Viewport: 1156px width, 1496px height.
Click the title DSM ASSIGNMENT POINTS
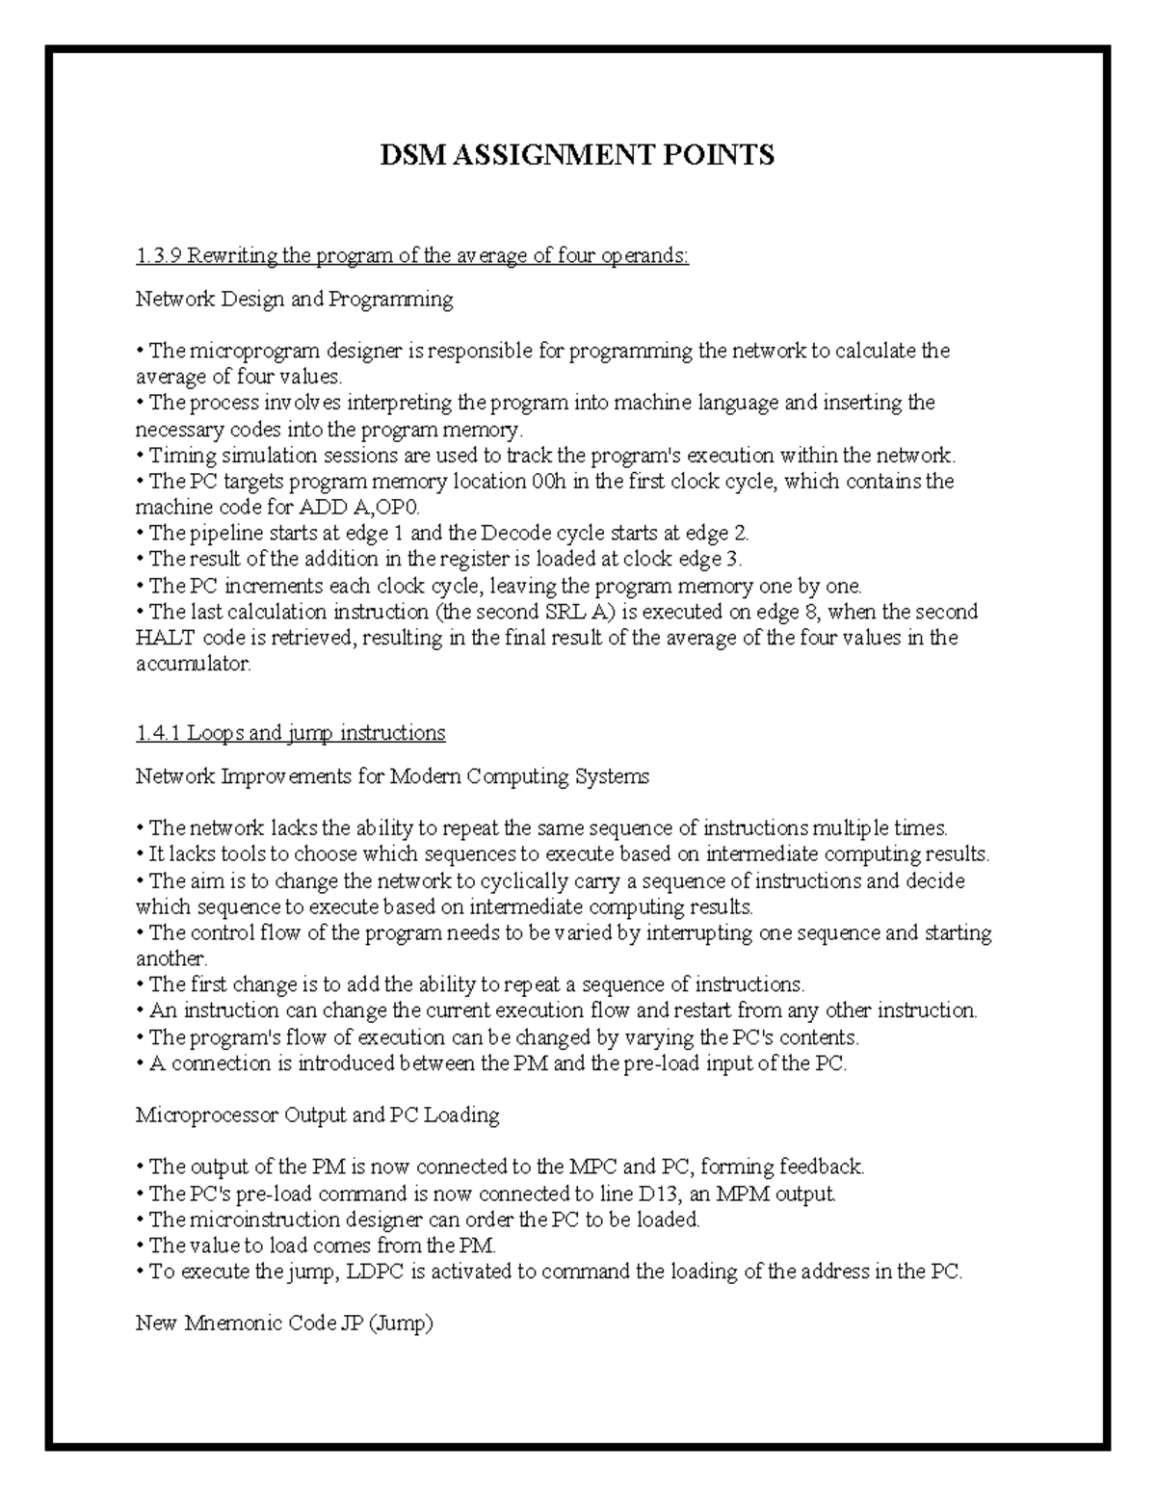point(577,155)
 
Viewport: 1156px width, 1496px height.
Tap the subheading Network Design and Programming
point(294,299)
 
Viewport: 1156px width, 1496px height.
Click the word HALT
point(166,638)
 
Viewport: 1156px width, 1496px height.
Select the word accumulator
point(192,664)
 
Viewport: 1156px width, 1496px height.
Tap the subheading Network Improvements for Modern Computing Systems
point(392,776)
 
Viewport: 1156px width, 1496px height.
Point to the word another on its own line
point(171,959)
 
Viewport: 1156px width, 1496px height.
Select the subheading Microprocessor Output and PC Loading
point(317,1115)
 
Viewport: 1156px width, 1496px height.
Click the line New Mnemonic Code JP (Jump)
point(284,1324)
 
